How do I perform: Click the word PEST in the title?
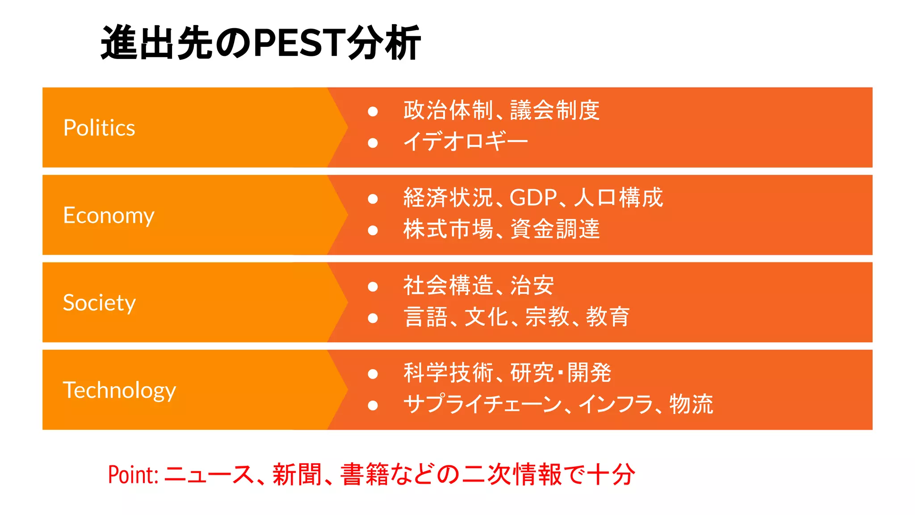pos(300,43)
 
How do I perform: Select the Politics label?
pos(99,128)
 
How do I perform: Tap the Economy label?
pos(109,215)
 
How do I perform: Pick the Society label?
pos(99,303)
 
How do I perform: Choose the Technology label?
pos(119,390)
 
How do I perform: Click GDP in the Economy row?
pos(533,198)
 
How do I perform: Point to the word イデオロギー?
pos(466,142)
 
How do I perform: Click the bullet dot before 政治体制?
pos(373,111)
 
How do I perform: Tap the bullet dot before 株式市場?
pos(373,230)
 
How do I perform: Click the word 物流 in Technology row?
pos(691,404)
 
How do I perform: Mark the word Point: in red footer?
pos(133,475)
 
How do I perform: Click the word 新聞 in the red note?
pos(297,475)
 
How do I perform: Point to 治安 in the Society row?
pos(532,285)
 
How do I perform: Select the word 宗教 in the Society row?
pos(547,317)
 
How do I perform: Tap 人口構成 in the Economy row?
pos(618,198)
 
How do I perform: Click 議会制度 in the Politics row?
pos(555,110)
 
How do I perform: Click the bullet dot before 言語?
pos(373,318)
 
